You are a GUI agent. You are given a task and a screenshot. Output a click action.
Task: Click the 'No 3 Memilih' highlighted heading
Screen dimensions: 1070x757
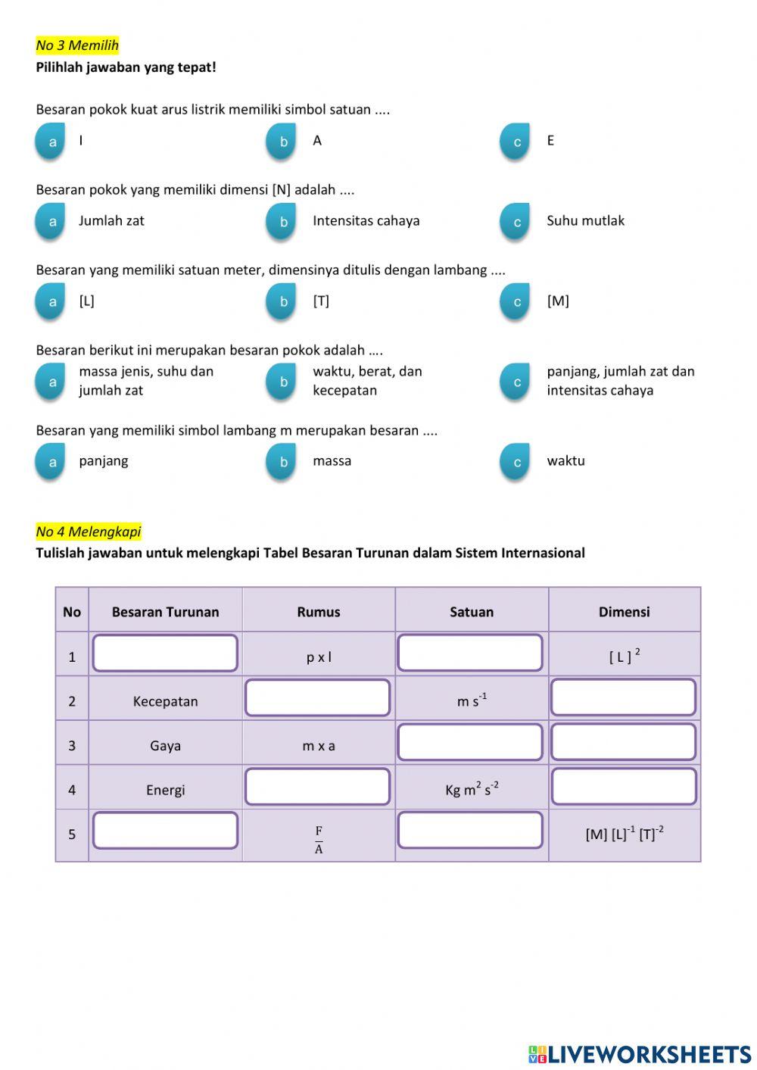pos(77,45)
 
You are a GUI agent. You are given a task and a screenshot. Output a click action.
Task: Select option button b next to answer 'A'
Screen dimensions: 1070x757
pos(282,142)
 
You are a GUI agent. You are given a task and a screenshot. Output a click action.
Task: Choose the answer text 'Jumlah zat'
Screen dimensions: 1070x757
pos(111,220)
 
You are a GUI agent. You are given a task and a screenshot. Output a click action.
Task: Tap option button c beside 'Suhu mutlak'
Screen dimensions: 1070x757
pos(516,222)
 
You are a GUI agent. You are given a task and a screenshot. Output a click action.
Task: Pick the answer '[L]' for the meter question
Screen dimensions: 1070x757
pos(86,301)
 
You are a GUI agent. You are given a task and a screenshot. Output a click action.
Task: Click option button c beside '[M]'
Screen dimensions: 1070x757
pos(516,302)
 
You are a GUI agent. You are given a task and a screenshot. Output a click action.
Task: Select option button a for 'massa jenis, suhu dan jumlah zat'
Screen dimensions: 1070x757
pos(51,382)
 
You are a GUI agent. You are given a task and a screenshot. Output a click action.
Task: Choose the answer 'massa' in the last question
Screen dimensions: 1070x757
pos(332,460)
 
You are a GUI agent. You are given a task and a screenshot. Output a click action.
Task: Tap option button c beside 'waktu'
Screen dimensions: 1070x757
pos(516,462)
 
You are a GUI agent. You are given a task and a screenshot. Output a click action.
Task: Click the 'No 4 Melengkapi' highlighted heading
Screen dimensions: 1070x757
pos(89,532)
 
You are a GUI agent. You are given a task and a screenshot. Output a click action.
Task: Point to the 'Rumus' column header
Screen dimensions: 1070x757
pos(318,612)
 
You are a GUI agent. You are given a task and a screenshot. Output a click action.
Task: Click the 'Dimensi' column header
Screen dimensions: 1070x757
pos(624,612)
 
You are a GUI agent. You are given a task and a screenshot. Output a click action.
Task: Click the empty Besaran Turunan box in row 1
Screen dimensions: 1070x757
pos(165,653)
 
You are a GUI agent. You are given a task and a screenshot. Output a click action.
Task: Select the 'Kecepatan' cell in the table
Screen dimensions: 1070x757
pos(165,701)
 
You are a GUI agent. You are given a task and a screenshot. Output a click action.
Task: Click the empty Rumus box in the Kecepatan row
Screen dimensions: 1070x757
pos(318,697)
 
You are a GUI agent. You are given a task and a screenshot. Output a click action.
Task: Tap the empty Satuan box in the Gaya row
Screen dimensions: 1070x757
pos(470,742)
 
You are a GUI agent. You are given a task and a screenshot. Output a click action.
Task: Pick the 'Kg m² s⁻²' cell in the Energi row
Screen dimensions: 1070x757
pos(471,790)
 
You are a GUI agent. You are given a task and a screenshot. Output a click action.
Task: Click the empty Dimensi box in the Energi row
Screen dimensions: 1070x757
pos(624,787)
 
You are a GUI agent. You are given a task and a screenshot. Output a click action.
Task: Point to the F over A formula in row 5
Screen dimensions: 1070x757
pos(319,840)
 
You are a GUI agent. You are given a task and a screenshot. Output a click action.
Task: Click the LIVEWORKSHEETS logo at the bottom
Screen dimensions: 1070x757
pos(640,1054)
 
